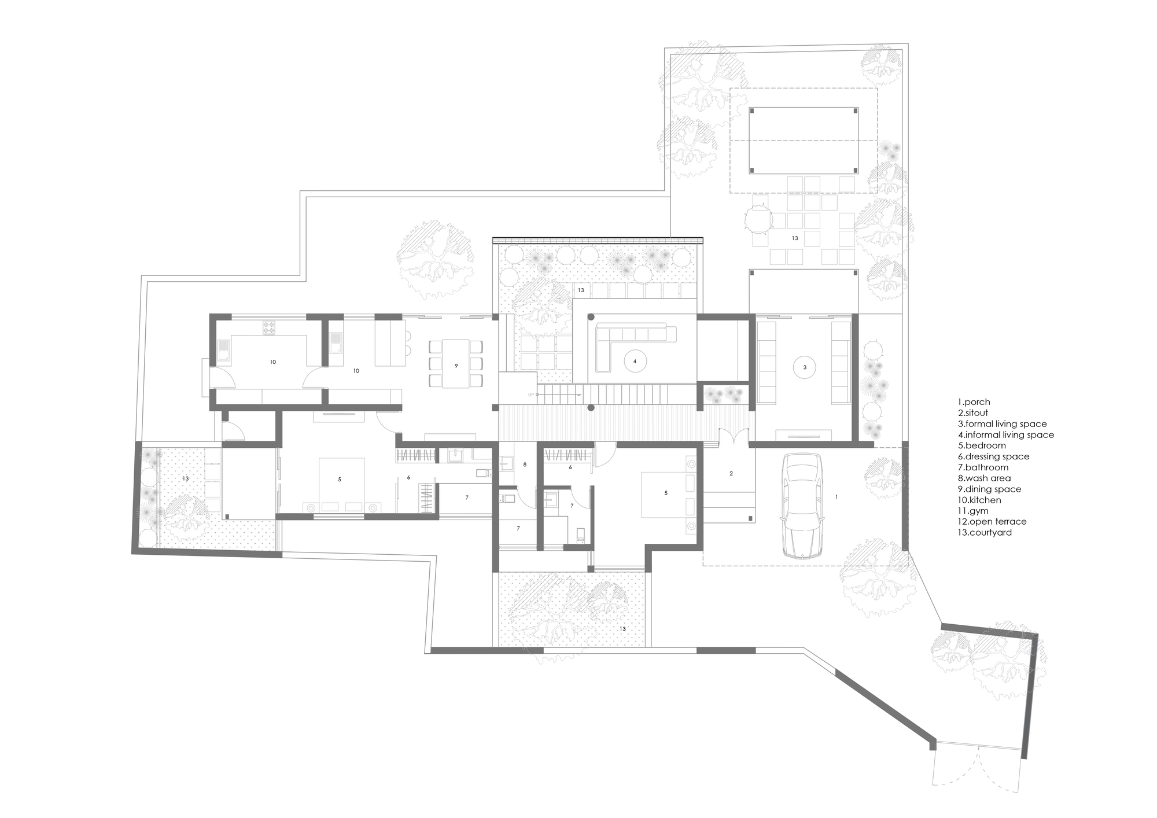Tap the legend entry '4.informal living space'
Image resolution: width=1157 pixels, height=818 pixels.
click(x=1005, y=434)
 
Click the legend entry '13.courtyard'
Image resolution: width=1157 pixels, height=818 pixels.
click(x=985, y=532)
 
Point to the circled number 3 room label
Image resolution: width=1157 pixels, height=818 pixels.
click(x=805, y=366)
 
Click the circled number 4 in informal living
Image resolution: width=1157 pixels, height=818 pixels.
click(x=635, y=361)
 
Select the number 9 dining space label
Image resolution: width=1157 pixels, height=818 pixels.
click(x=456, y=366)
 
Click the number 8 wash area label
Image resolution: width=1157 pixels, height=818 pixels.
click(x=525, y=465)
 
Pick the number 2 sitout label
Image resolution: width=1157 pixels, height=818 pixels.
click(x=731, y=473)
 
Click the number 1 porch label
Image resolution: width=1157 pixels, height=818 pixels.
click(x=837, y=496)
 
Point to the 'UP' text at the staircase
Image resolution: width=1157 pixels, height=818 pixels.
click(x=530, y=395)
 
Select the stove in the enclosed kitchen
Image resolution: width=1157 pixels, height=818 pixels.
click(x=270, y=328)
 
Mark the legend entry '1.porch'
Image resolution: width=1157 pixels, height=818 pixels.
click(x=974, y=402)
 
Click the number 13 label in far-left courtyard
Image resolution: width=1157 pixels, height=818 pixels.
click(x=186, y=478)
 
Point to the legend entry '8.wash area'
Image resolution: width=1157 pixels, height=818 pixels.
click(x=983, y=478)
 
